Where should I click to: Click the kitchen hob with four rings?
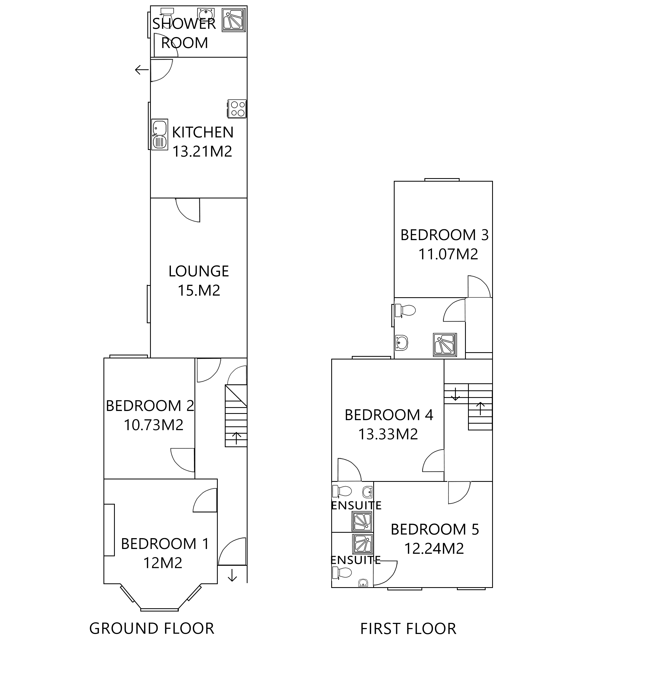[237, 109]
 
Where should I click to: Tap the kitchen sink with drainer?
[160, 135]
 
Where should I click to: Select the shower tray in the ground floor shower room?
[234, 20]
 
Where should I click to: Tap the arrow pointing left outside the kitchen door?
[142, 70]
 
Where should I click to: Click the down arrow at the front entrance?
[232, 575]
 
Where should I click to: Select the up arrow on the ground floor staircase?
[237, 438]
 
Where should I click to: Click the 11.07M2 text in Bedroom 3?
[448, 254]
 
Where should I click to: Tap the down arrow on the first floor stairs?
[455, 394]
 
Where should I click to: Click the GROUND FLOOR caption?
[151, 629]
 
